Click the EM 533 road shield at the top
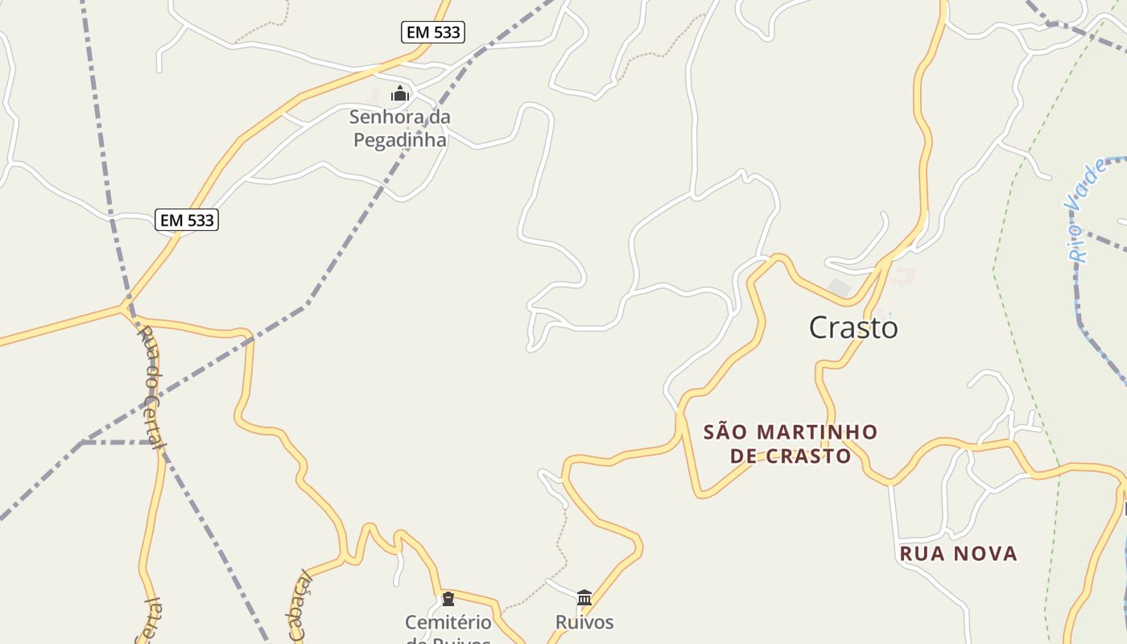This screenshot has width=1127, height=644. coord(432,32)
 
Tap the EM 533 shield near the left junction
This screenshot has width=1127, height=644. coord(187,220)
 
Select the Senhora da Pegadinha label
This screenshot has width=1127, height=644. coord(400,128)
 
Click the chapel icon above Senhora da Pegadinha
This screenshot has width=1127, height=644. coord(400,94)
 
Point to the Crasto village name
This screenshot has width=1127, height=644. coord(852,328)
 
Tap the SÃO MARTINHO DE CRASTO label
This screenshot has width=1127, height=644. coord(791,444)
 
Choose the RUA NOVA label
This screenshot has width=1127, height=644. coord(958,554)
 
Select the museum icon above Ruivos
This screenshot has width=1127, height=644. coord(584,597)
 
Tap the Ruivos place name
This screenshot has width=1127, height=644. coord(584,622)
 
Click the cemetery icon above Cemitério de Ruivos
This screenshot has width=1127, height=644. coord(448,599)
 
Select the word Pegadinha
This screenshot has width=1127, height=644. coord(400,139)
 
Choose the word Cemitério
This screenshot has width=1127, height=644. coord(448,622)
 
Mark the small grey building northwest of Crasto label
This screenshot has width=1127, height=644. coord(839,287)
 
